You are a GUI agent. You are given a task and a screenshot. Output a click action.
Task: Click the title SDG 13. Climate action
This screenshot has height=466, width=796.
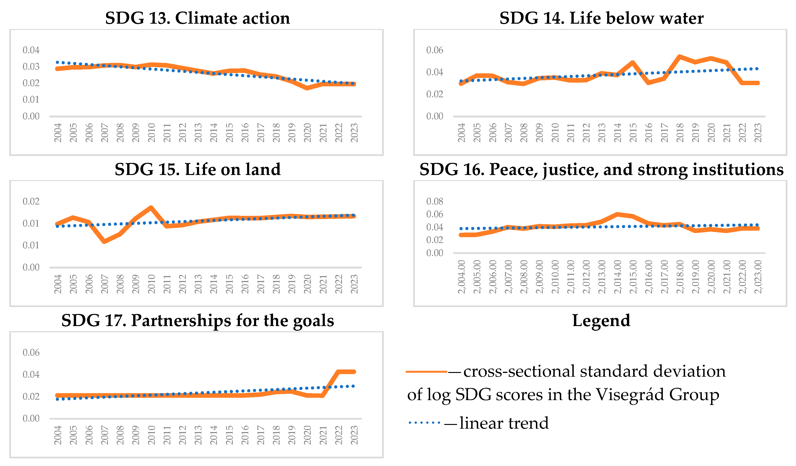click(197, 18)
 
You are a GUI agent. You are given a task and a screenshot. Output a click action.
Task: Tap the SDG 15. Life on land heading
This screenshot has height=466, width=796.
click(197, 169)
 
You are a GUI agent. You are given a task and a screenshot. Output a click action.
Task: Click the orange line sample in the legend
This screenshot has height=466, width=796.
click(426, 372)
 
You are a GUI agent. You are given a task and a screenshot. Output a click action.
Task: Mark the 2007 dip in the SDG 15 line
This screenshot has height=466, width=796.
click(104, 241)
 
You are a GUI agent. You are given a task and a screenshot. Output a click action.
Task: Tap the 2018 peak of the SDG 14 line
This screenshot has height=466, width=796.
click(680, 57)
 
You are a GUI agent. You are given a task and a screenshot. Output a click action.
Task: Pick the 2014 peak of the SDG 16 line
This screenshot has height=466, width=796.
click(617, 214)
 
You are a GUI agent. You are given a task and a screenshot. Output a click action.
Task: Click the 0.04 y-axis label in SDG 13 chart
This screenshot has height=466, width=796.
click(31, 50)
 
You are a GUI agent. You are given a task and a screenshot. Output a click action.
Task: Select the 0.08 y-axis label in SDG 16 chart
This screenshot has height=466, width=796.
click(435, 201)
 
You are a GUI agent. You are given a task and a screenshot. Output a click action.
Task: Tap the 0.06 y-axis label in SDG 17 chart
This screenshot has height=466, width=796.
click(31, 352)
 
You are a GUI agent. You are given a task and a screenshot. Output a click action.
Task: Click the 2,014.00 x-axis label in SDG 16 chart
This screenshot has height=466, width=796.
click(617, 277)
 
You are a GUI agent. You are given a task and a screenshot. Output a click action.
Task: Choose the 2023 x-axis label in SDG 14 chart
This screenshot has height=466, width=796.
click(758, 133)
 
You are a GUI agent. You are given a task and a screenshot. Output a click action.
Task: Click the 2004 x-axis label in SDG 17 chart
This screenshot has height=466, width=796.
click(58, 435)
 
